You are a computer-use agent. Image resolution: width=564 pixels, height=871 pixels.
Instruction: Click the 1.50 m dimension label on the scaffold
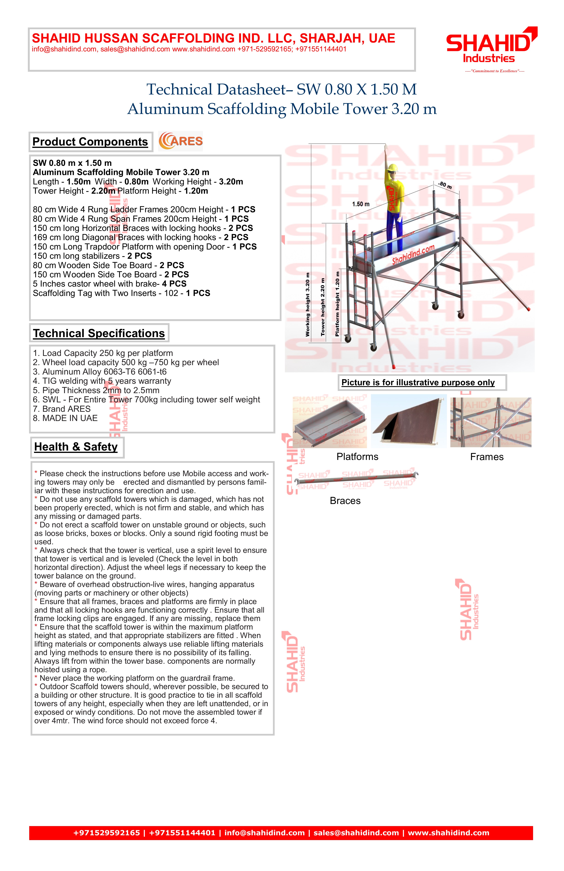361,204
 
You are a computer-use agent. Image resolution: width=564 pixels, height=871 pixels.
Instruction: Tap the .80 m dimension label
445,185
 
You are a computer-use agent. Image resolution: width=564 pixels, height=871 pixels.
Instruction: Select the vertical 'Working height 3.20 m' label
308,305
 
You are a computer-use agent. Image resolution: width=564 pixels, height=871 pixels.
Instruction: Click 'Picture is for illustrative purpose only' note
418,382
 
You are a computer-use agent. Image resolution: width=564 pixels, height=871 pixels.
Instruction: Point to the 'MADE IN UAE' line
65,418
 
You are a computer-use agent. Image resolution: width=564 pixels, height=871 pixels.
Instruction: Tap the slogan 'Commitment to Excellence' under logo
494,71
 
